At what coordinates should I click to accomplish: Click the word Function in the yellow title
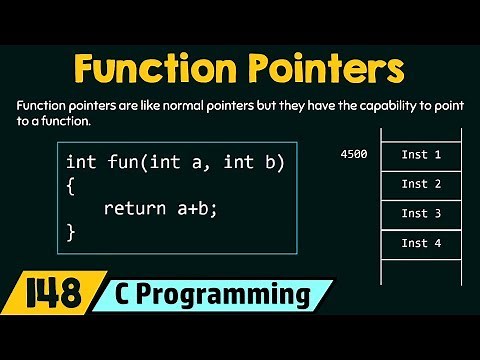tap(151, 71)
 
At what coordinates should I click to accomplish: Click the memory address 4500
tap(355, 155)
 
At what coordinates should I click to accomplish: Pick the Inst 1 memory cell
tap(421, 155)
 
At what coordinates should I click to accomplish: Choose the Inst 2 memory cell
tap(421, 184)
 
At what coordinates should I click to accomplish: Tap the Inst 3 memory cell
tap(421, 213)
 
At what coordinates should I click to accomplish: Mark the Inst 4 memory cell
tap(421, 243)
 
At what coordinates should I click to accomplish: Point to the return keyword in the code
tap(134, 208)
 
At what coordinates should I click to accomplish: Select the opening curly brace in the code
tap(71, 185)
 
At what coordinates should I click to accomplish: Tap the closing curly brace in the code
tap(71, 232)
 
